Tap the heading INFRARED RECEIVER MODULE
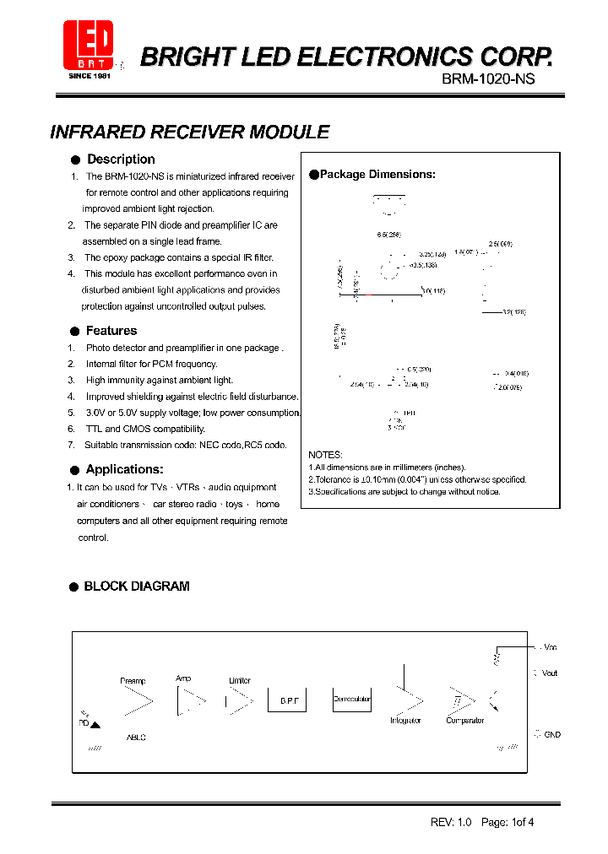pos(190,132)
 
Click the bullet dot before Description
pos(75,159)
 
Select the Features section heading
pos(111,331)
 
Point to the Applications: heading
pos(124,469)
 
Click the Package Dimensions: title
pos(377,175)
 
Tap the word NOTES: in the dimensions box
pos(325,455)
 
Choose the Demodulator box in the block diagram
pos(352,700)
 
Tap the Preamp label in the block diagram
pos(133,681)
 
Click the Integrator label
pos(405,721)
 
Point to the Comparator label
pos(465,721)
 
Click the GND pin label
pos(551,735)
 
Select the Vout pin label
pos(550,673)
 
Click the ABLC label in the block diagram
pos(136,738)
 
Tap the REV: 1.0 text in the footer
pos(450,822)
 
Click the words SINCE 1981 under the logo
pos(89,76)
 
